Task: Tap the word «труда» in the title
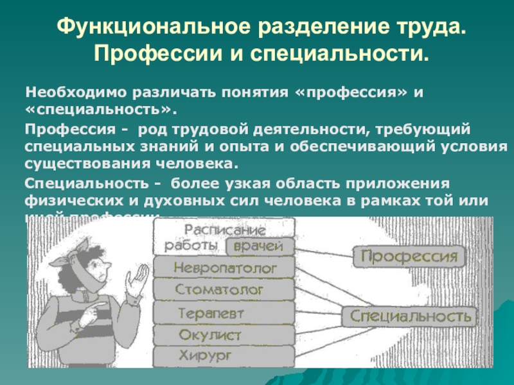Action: (x=427, y=28)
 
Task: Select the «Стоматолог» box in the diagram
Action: (x=219, y=290)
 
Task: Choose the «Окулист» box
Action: (x=210, y=334)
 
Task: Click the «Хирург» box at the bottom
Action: (x=205, y=355)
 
